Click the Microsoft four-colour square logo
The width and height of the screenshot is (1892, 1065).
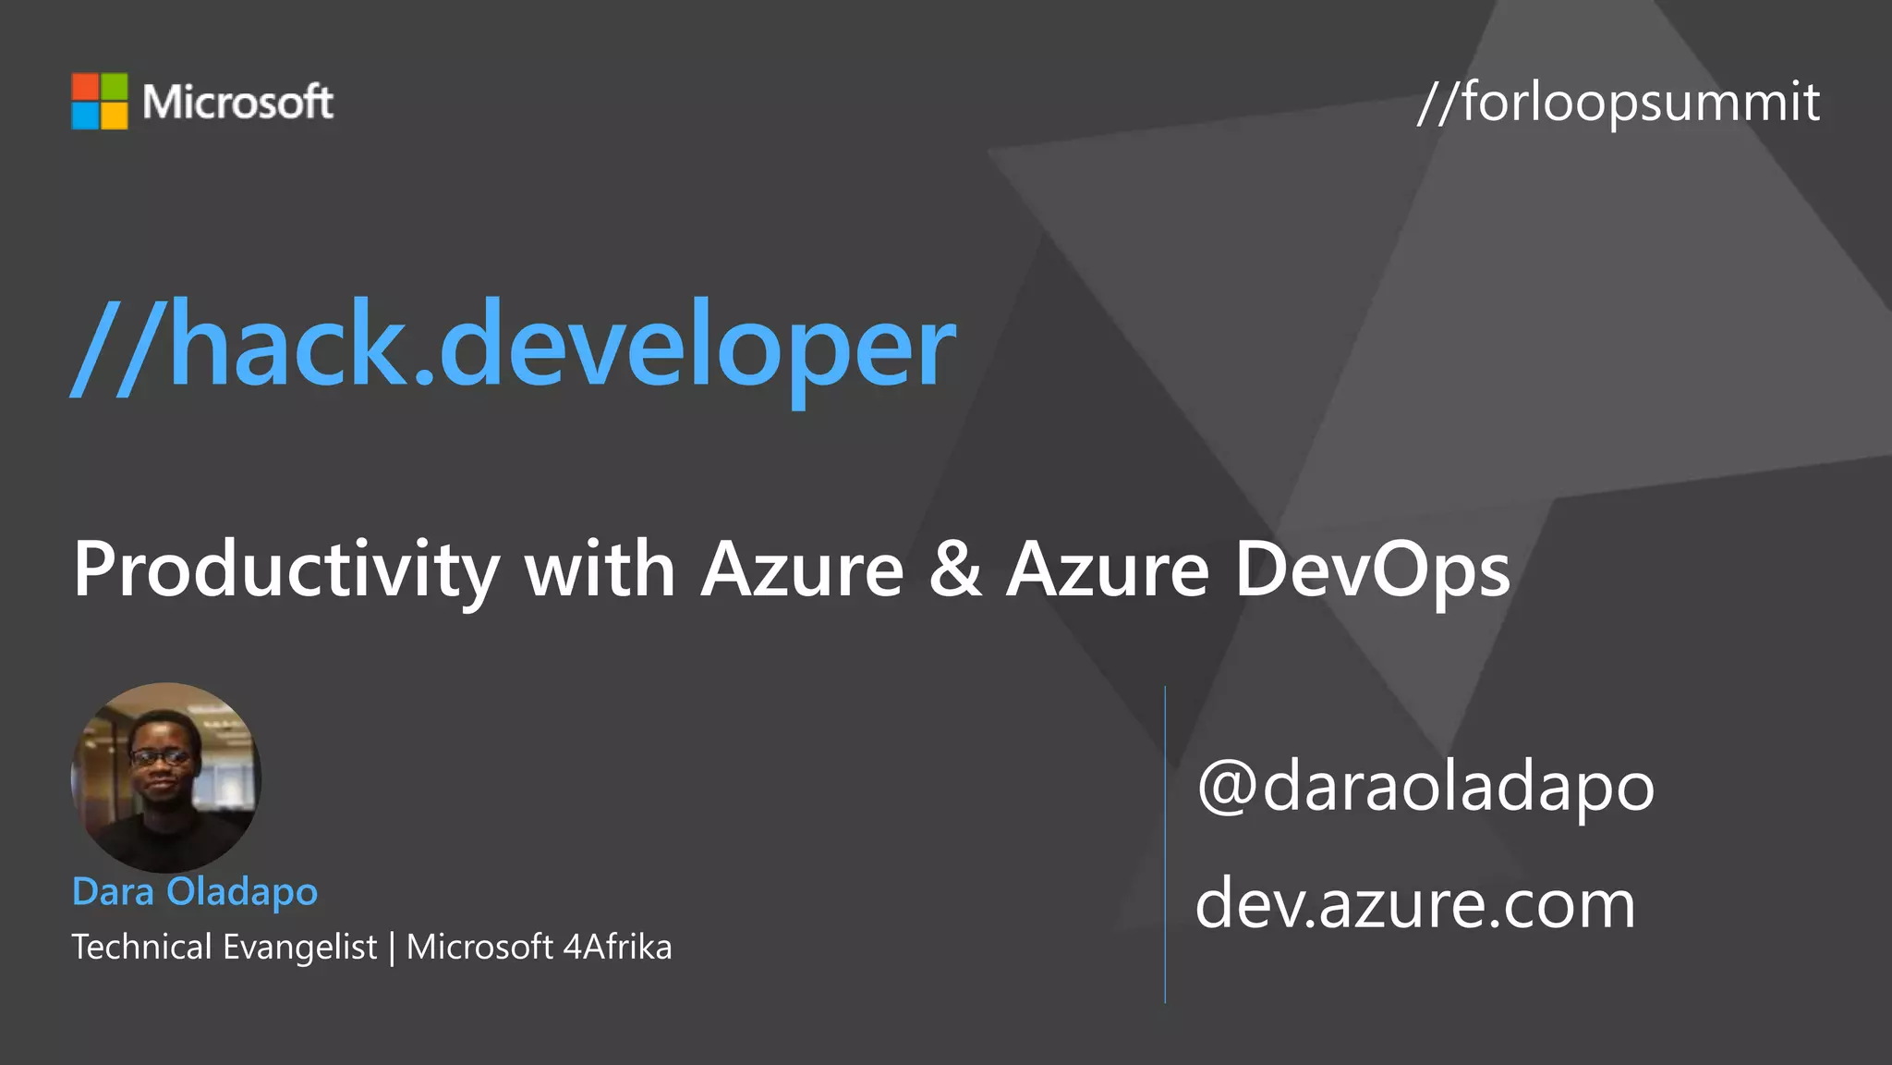tap(100, 102)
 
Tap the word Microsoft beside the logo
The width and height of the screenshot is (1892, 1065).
tap(237, 102)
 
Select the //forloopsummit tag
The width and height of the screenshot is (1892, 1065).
tap(1618, 102)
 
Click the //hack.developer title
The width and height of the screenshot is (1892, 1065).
tap(514, 346)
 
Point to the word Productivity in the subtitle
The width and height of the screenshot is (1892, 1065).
tap(286, 570)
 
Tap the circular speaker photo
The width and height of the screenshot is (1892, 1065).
tap(166, 777)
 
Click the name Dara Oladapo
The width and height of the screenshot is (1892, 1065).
tap(195, 892)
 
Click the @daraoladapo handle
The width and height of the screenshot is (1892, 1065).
tap(1425, 787)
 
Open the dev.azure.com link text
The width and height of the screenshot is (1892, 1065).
tap(1414, 904)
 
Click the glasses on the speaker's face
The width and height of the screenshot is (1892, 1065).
tap(162, 757)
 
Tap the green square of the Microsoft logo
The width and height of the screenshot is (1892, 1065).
tap(114, 87)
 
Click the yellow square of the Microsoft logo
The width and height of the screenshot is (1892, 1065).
tap(114, 116)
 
